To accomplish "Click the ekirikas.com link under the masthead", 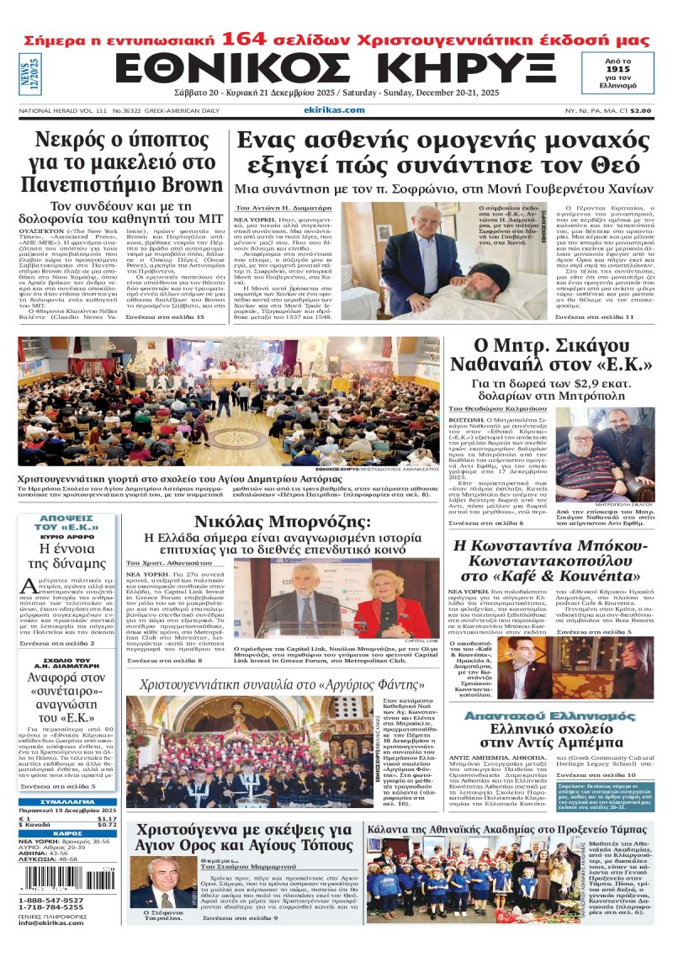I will (334, 109).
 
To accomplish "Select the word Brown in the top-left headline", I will (193, 184).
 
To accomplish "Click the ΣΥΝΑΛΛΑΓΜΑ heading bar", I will (68, 802).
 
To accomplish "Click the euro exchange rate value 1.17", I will (106, 817).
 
